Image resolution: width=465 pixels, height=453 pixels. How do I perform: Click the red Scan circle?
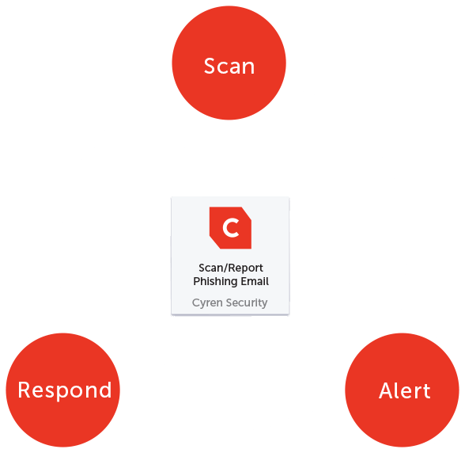[x=229, y=63]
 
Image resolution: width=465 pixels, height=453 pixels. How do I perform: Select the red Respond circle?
[x=63, y=390]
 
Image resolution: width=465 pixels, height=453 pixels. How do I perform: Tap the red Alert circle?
[x=402, y=390]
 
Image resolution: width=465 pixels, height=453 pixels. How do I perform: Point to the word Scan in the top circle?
[x=229, y=66]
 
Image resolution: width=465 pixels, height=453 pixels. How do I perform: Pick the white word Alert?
[x=405, y=390]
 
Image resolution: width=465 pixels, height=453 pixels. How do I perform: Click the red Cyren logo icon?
[x=230, y=227]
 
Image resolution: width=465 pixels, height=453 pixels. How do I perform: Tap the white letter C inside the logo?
[x=231, y=228]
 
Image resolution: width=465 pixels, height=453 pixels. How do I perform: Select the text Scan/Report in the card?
[x=231, y=268]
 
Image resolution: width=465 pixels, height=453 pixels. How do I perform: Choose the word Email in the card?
[x=255, y=281]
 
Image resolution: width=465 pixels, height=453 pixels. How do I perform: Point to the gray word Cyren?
[x=207, y=303]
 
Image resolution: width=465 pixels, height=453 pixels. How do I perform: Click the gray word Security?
[x=247, y=303]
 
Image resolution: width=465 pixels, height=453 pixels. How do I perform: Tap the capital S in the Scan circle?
[x=209, y=66]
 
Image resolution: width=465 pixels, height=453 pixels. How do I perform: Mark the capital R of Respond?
[x=24, y=390]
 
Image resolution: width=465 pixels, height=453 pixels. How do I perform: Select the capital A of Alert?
[x=387, y=390]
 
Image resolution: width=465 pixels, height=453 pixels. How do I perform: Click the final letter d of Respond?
[x=105, y=390]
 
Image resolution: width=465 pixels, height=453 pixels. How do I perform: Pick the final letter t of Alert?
[x=426, y=391]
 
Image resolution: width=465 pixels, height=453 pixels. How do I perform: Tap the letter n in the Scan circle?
[x=248, y=68]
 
